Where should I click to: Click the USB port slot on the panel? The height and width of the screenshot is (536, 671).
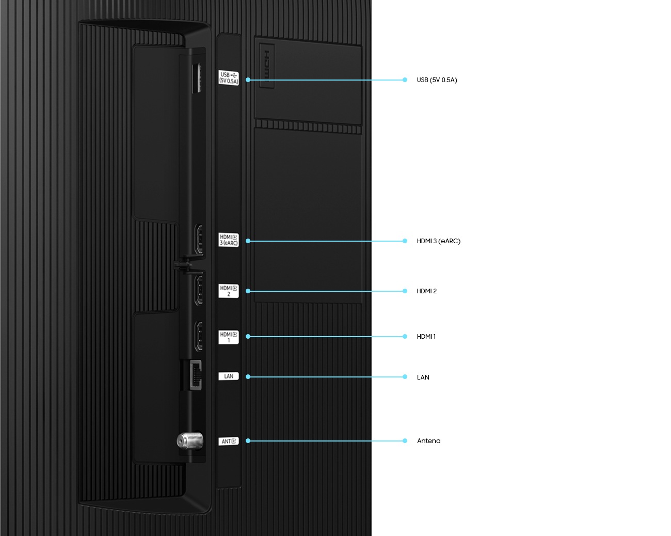[x=197, y=78]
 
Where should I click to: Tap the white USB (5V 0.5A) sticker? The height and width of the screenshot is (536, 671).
[x=229, y=78]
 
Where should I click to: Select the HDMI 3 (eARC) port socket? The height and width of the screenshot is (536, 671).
[x=198, y=239]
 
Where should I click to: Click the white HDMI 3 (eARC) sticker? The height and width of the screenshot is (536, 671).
[x=229, y=240]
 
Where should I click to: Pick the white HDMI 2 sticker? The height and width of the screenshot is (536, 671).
[x=229, y=291]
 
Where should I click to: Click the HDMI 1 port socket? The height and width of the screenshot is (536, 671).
[x=198, y=336]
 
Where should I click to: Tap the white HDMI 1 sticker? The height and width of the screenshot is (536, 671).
[x=229, y=337]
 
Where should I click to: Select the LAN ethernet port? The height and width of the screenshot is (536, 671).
[x=195, y=375]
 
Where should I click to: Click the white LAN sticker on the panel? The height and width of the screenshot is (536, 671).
[x=229, y=376]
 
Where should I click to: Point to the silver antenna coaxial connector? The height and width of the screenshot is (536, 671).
[x=187, y=440]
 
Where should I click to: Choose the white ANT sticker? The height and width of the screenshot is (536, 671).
[x=229, y=441]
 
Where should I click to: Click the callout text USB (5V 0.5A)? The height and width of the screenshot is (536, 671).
[x=437, y=80]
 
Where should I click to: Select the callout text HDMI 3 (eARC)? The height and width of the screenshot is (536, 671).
[x=438, y=241]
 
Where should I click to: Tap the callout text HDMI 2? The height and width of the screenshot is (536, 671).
[x=426, y=291]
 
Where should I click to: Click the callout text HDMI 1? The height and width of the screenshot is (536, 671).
[x=426, y=337]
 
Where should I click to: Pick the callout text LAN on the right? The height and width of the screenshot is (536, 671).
[x=423, y=377]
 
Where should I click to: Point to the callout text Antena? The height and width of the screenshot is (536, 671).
[x=428, y=441]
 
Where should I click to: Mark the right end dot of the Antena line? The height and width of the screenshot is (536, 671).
[x=405, y=441]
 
